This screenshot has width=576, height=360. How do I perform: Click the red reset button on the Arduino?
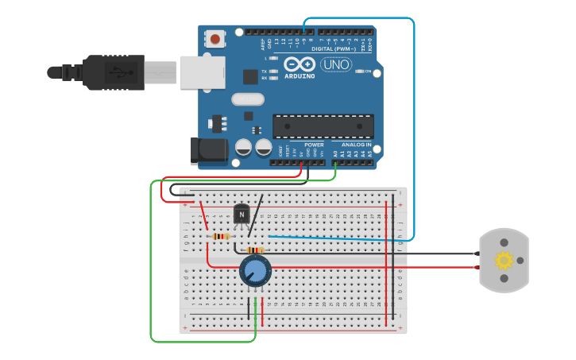tap(215, 38)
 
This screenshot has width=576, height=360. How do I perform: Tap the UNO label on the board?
tap(336, 64)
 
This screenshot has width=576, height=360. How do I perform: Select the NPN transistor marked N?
tap(242, 214)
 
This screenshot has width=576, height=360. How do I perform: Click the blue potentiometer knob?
tap(255, 271)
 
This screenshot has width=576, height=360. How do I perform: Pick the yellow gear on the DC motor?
tap(504, 260)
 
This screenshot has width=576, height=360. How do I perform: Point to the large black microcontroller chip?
tap(323, 126)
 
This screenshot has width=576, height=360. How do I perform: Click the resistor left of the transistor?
tap(220, 236)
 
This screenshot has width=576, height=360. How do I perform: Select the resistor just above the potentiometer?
tap(255, 250)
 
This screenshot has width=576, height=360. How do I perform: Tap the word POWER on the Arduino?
tap(314, 145)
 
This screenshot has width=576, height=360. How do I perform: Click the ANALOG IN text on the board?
tap(356, 145)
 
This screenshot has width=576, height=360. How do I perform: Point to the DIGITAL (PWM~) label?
tap(333, 48)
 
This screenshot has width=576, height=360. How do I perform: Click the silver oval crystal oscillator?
tap(248, 99)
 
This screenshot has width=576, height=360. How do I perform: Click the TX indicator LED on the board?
tap(273, 71)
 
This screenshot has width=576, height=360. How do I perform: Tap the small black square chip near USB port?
tap(250, 76)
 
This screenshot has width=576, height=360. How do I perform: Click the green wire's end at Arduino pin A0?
tap(335, 163)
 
